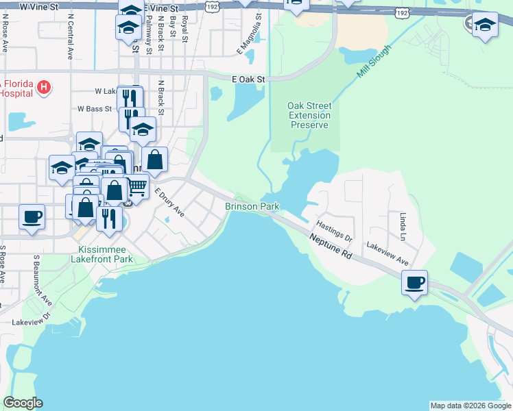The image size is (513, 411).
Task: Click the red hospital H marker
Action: [44, 87]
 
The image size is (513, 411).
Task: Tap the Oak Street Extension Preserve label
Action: [309, 115]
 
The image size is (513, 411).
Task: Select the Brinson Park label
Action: [252, 206]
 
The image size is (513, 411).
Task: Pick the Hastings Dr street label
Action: [334, 231]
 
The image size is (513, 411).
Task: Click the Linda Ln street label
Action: [403, 227]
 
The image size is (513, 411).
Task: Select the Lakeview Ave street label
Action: [387, 254]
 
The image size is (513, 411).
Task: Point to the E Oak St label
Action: [248, 79]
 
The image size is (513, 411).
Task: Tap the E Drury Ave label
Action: [169, 203]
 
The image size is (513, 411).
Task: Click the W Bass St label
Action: [95, 108]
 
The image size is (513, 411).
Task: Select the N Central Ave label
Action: [70, 38]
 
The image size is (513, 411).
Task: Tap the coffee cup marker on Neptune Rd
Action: [414, 282]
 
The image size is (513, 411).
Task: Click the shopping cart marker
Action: [136, 185]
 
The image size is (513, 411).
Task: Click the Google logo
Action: [23, 403]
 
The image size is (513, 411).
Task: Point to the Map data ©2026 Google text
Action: [470, 406]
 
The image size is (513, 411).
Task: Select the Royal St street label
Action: [185, 30]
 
